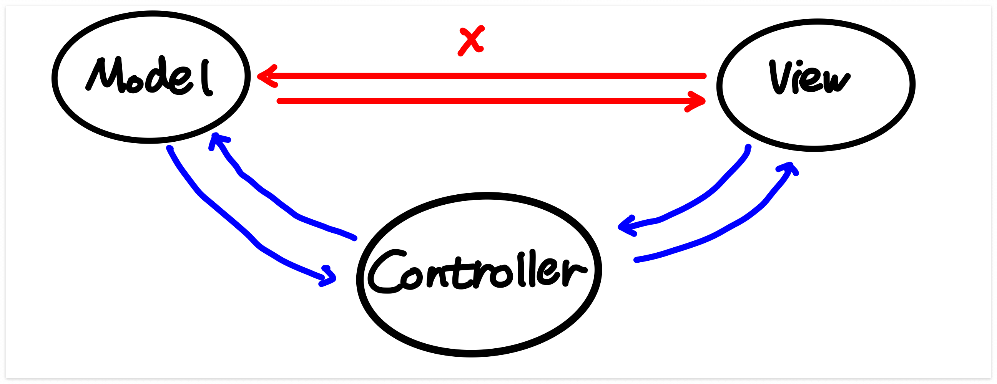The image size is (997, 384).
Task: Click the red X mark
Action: [x=470, y=41]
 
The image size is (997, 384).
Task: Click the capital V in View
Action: [x=779, y=77]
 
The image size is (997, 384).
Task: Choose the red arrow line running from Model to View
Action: [x=484, y=101]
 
